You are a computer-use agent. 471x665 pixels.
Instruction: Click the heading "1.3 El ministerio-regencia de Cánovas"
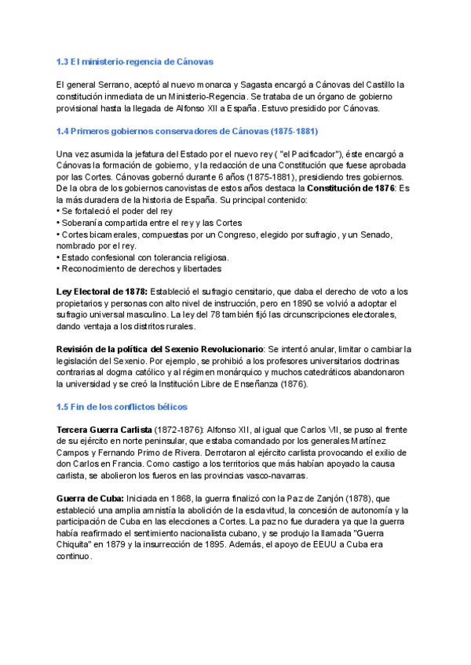coord(135,61)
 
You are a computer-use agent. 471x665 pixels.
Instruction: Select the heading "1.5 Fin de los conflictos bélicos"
coord(122,407)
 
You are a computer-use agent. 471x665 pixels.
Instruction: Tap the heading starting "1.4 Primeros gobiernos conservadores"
coord(188,130)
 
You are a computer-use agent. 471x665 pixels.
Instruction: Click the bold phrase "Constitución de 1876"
coord(352,188)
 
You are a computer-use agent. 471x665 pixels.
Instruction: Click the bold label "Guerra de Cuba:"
coord(90,499)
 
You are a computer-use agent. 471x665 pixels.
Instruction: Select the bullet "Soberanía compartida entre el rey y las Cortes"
coord(152,223)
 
